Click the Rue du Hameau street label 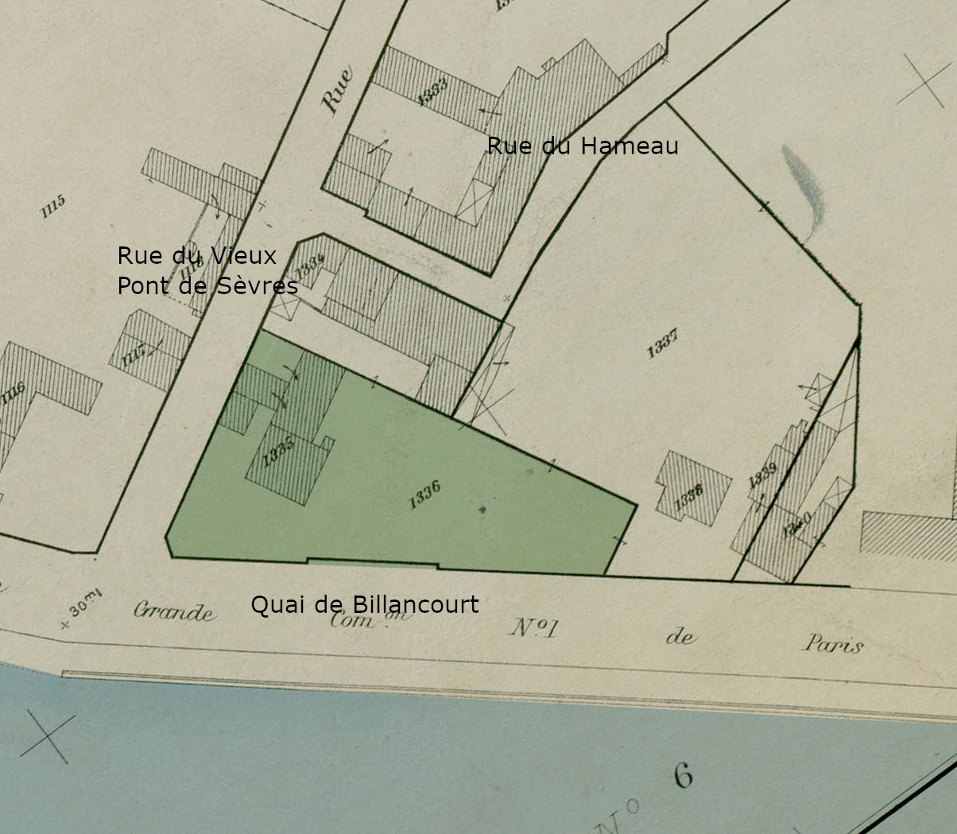583,145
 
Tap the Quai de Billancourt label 365,605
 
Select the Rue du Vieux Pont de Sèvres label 207,270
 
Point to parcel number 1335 278,454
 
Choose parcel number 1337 662,343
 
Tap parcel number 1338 688,497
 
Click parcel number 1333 432,91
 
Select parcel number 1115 52,207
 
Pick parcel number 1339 762,475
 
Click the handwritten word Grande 173,611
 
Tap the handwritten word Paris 833,643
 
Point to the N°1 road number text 533,628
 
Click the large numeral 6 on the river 683,775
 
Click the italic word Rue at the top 337,91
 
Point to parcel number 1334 310,262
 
